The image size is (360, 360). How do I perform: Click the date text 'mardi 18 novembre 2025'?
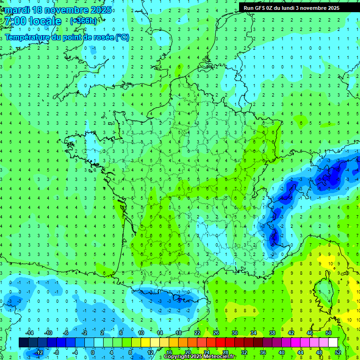point(59,10)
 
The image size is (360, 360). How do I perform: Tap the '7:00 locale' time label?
point(32,21)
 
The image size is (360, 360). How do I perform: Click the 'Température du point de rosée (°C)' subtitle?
point(67,37)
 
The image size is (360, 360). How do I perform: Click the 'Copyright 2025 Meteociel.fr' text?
point(200,357)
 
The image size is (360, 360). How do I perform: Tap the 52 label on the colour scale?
point(337,352)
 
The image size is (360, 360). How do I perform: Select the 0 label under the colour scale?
point(93,352)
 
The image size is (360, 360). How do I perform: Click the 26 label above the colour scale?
point(216,332)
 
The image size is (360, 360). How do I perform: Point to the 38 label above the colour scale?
point(272,332)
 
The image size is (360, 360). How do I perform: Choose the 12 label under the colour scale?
point(150,352)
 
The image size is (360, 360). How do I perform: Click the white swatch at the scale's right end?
point(333,342)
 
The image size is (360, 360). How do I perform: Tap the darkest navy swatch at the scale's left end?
point(23,342)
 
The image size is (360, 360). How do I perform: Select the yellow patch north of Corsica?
point(326,260)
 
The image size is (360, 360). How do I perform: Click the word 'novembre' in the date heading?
point(67,10)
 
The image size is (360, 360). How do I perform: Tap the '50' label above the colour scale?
point(328,332)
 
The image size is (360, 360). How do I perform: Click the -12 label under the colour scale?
point(39,352)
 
